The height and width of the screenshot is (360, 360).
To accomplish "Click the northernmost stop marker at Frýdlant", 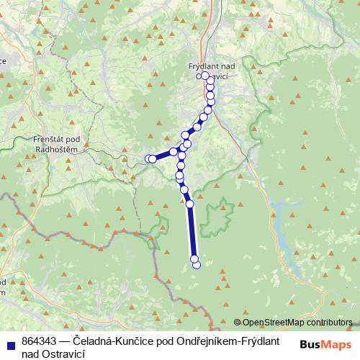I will (x=205, y=76).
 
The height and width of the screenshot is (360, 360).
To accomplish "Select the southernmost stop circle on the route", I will (x=197, y=265).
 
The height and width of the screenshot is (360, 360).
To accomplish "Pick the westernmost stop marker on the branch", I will (x=149, y=158).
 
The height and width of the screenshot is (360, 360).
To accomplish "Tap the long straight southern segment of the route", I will (x=192, y=230).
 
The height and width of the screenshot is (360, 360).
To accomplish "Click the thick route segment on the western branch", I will (x=164, y=154).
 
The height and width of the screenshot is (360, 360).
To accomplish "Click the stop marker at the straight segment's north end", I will (x=190, y=204).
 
